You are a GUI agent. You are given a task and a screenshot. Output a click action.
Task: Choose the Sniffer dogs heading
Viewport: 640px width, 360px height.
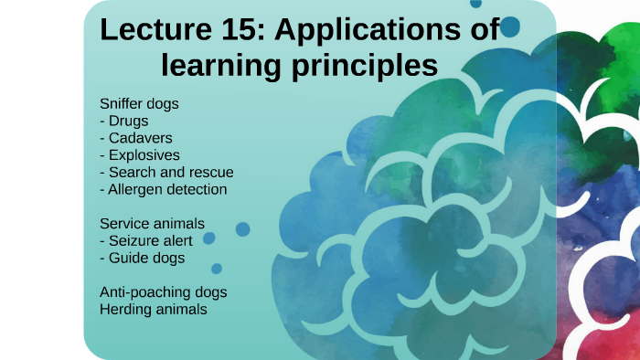[139, 103]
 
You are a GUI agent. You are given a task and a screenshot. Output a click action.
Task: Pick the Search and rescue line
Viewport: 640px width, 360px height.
[166, 172]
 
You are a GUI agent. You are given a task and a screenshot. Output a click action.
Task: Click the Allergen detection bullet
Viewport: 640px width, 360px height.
[163, 189]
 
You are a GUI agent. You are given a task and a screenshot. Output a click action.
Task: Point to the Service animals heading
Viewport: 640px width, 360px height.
[152, 223]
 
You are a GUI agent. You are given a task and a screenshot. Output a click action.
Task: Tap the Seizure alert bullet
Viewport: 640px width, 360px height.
[147, 240]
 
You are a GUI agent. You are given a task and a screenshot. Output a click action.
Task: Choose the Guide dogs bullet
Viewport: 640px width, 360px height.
[142, 258]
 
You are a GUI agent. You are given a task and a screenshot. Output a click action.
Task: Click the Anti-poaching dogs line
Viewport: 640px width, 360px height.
[164, 291]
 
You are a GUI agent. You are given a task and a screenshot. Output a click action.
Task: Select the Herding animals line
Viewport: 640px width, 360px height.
[154, 309]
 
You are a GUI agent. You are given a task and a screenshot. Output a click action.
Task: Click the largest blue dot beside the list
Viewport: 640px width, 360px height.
[242, 229]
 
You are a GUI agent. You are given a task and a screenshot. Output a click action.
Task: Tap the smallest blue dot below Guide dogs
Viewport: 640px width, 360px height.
[217, 269]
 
